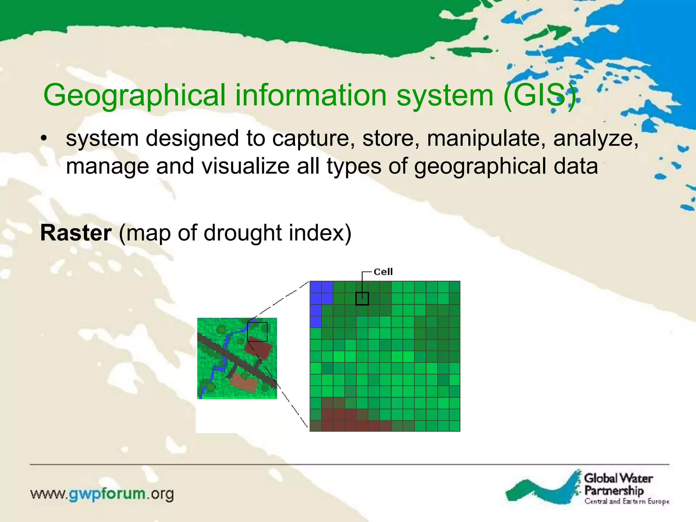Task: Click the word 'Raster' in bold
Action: tap(76, 233)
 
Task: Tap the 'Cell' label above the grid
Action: tap(383, 272)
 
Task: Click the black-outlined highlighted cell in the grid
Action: tap(362, 299)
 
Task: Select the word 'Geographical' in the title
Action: tap(134, 95)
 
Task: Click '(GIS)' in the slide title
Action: tap(540, 95)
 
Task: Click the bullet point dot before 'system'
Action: tap(43, 139)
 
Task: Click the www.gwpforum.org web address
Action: tap(102, 494)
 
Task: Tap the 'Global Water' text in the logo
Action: tap(618, 478)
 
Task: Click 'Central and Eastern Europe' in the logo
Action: tap(627, 502)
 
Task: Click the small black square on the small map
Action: tap(257, 332)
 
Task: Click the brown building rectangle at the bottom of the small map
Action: tap(244, 383)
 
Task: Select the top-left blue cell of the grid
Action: tap(316, 287)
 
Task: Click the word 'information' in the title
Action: tap(311, 95)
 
